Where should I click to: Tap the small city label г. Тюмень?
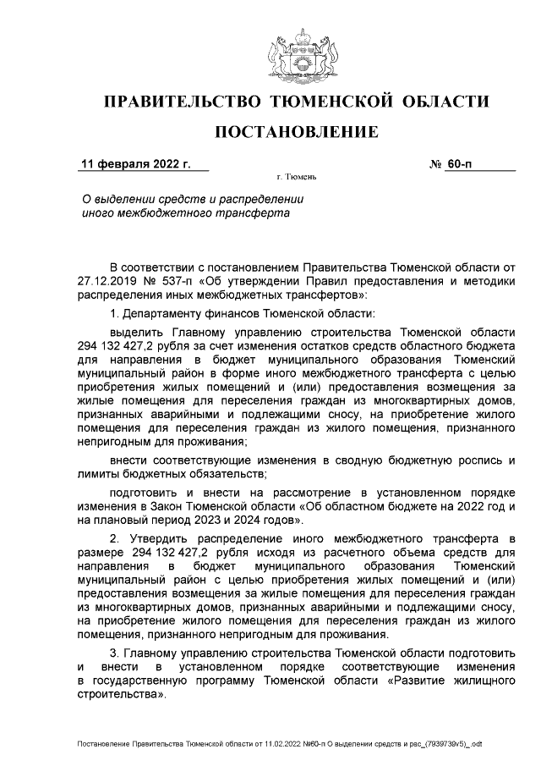click(296, 179)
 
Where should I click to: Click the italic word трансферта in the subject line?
click(253, 213)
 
